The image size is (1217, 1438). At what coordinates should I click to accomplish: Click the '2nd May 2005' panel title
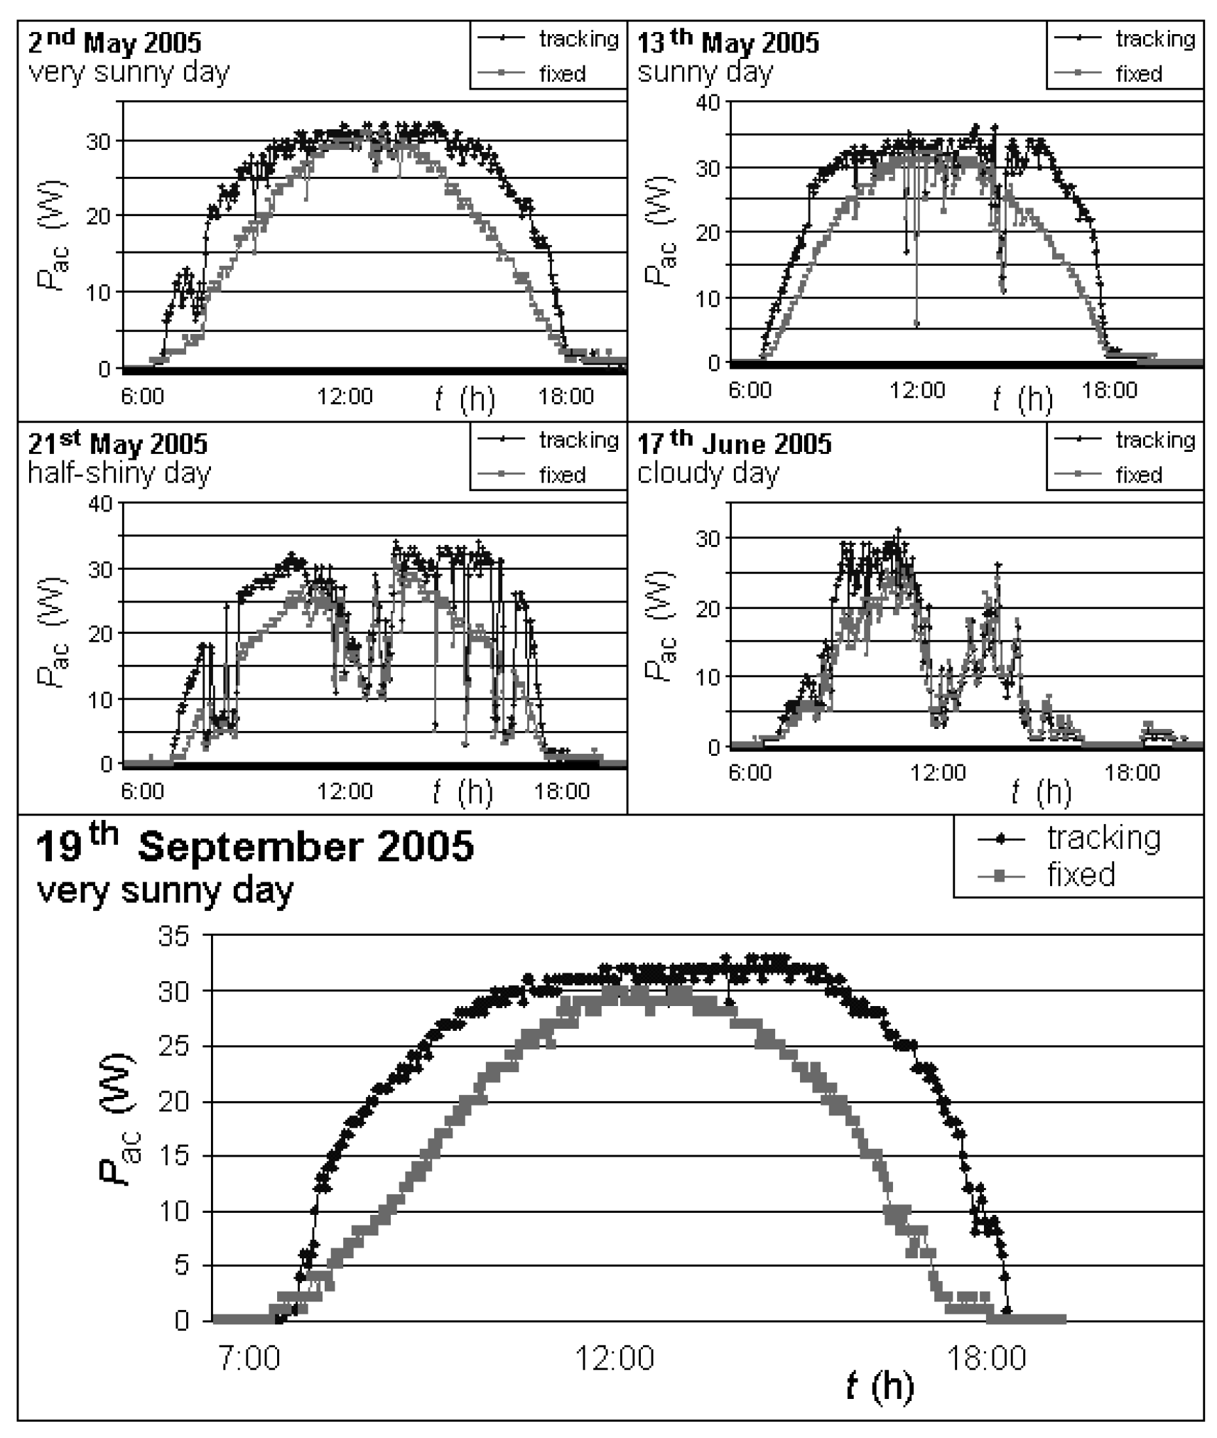tap(114, 42)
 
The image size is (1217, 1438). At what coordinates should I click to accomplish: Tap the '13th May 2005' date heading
tap(728, 42)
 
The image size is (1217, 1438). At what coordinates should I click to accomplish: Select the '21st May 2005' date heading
tap(117, 443)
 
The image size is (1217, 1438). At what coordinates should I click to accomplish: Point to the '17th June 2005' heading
tap(734, 443)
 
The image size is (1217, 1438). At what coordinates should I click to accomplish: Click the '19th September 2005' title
tap(254, 845)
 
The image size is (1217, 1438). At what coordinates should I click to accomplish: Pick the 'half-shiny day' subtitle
tap(119, 472)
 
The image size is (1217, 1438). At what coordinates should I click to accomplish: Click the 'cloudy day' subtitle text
tap(708, 473)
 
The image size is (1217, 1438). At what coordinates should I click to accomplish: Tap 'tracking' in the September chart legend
tap(1103, 838)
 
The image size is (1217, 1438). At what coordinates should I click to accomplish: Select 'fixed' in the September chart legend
tap(1081, 875)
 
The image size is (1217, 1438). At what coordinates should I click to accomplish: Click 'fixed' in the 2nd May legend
tap(562, 73)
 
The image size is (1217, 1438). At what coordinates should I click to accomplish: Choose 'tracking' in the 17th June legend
tap(1155, 440)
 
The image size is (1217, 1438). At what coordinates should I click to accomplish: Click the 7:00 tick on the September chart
tap(249, 1358)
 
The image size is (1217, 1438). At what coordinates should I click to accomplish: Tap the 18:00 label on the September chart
tap(987, 1358)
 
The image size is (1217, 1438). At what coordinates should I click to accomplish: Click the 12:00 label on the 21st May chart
tap(345, 790)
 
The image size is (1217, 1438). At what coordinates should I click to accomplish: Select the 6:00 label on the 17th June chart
tap(750, 772)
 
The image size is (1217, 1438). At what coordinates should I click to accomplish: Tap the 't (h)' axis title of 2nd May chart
tap(465, 399)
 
